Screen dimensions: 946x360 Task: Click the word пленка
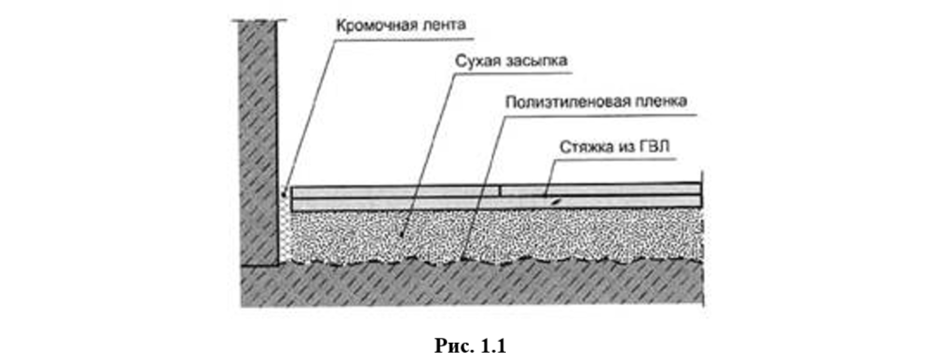[663, 102]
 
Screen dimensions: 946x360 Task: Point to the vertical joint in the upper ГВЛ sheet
[501, 190]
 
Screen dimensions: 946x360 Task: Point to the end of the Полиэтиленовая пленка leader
[462, 259]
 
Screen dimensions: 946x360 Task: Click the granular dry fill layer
[495, 235]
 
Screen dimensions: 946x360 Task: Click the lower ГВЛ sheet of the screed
[496, 204]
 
